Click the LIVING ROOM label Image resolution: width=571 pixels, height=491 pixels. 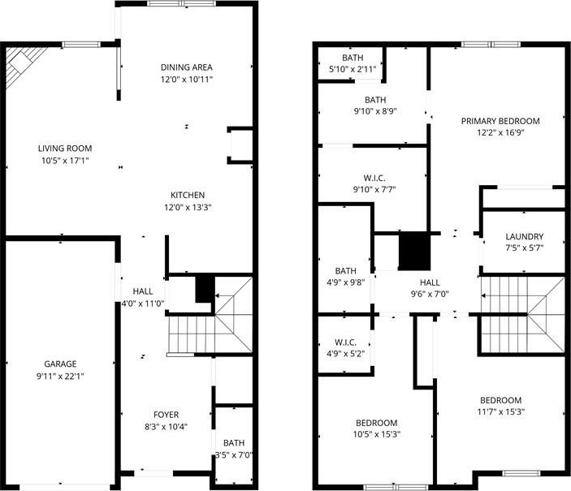(x=65, y=149)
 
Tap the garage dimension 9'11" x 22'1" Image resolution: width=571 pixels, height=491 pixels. (x=60, y=376)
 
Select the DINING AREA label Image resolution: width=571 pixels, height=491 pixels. (x=187, y=67)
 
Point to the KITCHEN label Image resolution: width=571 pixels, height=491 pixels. (x=188, y=195)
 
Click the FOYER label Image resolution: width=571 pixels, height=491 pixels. (x=166, y=415)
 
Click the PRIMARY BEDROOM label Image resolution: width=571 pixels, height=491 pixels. (x=500, y=121)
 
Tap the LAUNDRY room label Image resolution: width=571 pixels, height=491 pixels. (x=525, y=237)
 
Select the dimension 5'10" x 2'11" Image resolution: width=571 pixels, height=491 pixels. (x=353, y=69)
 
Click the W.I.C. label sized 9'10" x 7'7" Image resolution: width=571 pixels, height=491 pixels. (x=374, y=178)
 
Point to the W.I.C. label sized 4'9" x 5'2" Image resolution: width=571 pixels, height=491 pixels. (x=345, y=342)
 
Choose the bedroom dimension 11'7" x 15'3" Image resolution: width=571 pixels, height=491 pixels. (x=500, y=412)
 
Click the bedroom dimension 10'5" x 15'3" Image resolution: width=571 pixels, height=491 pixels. (x=377, y=434)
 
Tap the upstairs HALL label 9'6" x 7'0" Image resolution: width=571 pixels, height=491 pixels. (x=430, y=282)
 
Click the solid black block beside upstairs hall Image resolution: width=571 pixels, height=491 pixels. (x=415, y=251)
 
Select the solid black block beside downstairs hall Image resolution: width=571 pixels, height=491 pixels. (x=205, y=290)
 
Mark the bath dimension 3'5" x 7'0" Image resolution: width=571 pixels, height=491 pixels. (x=234, y=455)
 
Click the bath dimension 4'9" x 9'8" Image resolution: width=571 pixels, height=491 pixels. (x=345, y=282)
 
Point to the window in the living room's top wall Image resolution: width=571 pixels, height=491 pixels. (x=81, y=45)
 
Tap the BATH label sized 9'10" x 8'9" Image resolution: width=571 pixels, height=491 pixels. (x=375, y=100)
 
